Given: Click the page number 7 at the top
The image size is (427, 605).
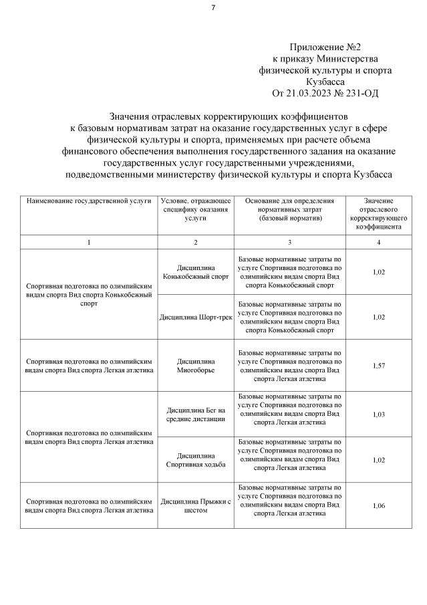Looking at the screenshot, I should (x=213, y=8).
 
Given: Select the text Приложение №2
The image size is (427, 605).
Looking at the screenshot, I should (x=325, y=47).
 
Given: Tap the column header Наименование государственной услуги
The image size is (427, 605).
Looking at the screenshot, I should (x=89, y=201).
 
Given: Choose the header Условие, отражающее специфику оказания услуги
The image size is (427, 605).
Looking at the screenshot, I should (x=195, y=209).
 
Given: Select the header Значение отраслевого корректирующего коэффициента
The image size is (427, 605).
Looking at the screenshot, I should (x=378, y=213).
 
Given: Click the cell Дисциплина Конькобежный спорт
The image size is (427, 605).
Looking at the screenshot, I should (x=195, y=271).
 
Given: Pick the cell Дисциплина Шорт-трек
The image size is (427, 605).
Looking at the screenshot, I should (x=195, y=317).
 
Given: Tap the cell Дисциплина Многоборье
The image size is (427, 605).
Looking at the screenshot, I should (x=195, y=365).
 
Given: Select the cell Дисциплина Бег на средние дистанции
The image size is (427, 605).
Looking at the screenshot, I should (x=195, y=414).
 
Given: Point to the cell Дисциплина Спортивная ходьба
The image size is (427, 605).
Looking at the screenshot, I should (x=195, y=459).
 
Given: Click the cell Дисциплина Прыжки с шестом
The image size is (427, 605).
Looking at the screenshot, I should (x=195, y=505).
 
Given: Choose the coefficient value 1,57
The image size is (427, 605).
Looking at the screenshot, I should (x=378, y=365).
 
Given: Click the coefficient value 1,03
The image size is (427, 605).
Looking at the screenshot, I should (x=378, y=414).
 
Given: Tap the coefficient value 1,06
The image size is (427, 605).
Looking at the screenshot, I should (x=378, y=505).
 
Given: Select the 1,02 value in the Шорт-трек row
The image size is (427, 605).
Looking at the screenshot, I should (x=378, y=317).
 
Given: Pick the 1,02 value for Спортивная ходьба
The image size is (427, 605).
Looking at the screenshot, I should (x=378, y=460).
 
